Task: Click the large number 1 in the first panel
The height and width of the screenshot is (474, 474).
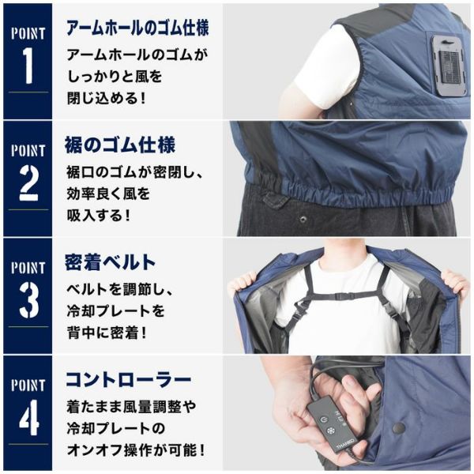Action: tap(28, 66)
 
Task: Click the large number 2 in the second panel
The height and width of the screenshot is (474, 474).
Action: tap(28, 183)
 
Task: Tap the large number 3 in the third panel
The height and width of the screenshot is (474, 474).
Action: tap(28, 300)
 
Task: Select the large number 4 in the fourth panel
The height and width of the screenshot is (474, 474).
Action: tap(28, 417)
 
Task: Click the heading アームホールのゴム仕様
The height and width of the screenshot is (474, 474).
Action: tap(137, 28)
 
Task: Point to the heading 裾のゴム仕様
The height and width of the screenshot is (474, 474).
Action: tap(120, 145)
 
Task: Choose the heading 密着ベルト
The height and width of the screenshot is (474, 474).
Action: tap(110, 262)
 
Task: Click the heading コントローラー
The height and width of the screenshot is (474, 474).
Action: tap(129, 380)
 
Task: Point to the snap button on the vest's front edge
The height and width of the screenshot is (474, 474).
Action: tap(399, 427)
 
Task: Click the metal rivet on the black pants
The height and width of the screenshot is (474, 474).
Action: tap(303, 218)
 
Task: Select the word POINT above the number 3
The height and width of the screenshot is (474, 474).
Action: tap(28, 269)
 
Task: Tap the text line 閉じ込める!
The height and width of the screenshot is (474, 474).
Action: tap(107, 98)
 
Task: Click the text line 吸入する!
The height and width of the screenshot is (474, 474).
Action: tap(99, 216)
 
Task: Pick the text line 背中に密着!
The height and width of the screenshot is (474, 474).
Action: tap(107, 333)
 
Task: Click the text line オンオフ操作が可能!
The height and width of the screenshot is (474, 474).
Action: tap(136, 450)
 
